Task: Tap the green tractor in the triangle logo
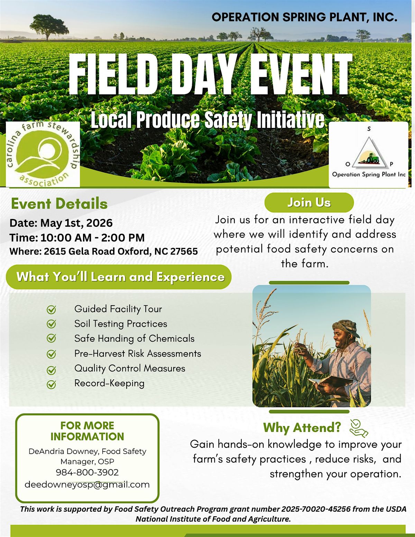[370, 158]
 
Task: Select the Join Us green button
[309, 203]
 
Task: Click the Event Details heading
[59, 204]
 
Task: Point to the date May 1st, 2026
[76, 223]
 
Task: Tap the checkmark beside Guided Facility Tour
[52, 309]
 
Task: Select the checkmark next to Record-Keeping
[52, 384]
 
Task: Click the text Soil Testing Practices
[121, 324]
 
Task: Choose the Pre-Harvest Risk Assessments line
[138, 354]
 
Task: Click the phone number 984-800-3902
[87, 472]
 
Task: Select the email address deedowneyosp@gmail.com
[87, 484]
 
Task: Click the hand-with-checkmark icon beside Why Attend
[359, 428]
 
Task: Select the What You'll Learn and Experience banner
[119, 277]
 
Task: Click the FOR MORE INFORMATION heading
[87, 431]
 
